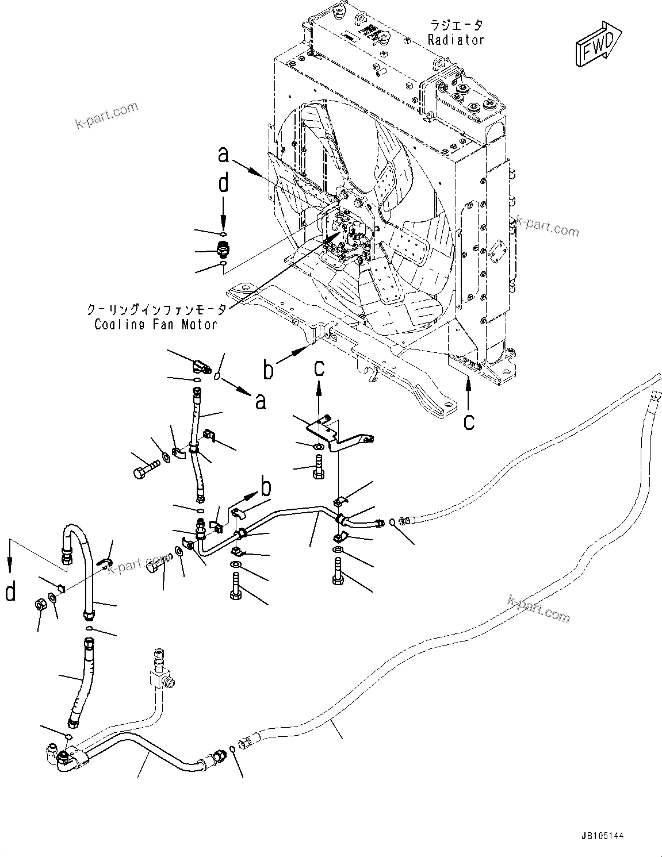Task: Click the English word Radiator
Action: pos(456,40)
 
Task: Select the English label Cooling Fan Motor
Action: pos(156,324)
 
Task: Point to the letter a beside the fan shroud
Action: pos(224,155)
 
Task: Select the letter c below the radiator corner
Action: pos(469,421)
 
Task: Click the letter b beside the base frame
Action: pos(269,370)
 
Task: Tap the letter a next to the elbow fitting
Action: pos(261,401)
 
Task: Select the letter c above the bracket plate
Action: pos(319,368)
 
